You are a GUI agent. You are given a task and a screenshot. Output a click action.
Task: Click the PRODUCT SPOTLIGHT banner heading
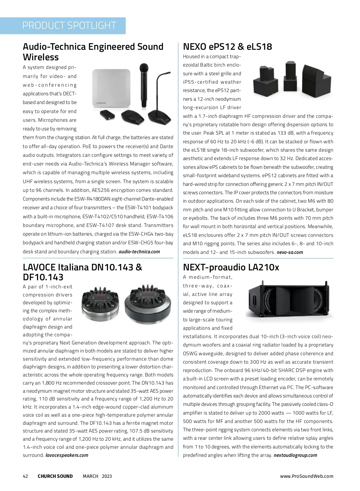(69, 25)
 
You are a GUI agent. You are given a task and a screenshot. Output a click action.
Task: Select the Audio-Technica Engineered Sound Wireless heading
(93, 52)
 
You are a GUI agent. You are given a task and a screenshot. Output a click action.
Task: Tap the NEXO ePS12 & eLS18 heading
(227, 47)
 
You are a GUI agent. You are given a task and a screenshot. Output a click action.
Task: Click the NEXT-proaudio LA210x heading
(231, 267)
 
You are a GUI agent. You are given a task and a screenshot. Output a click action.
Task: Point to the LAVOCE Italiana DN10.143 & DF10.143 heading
(82, 272)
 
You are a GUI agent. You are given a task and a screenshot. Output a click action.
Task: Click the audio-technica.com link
(139, 251)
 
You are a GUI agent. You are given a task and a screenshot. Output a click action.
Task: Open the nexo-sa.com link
(289, 252)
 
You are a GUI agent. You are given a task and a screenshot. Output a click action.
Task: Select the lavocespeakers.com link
(67, 455)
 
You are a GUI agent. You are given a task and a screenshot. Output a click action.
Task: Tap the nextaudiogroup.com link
(295, 455)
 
